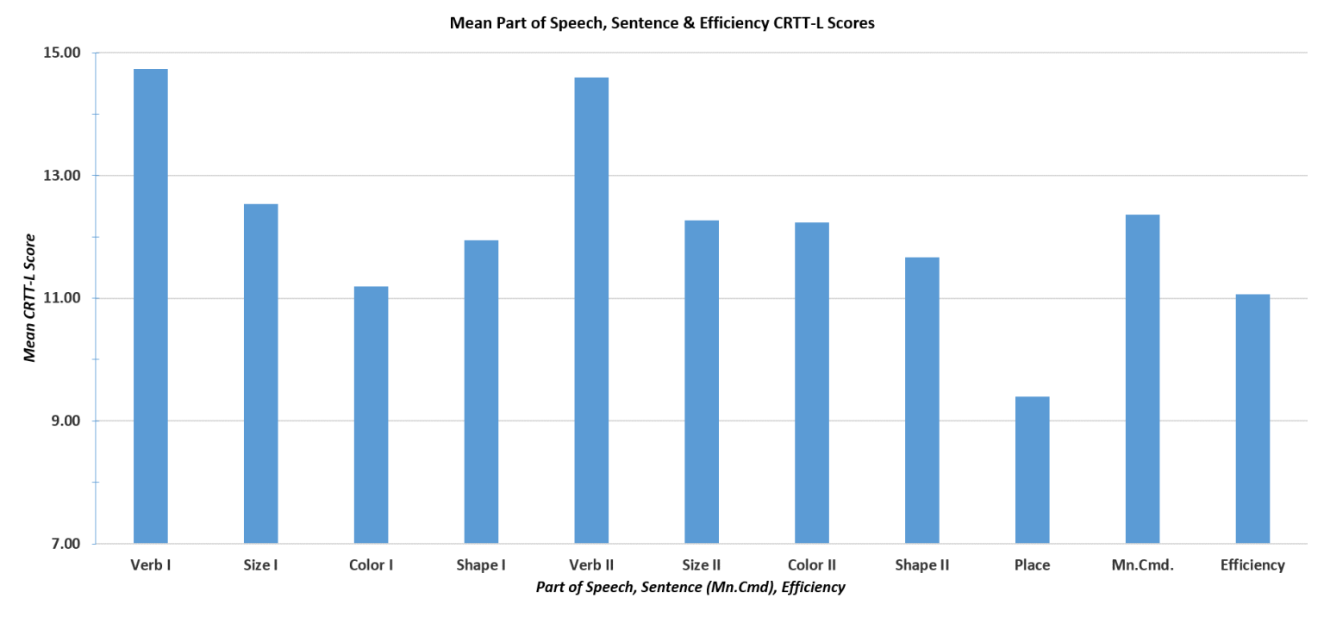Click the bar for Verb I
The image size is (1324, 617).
(x=150, y=306)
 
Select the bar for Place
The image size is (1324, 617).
(x=1032, y=470)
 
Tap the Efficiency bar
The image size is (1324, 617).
(x=1252, y=419)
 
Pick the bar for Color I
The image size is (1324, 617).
(x=371, y=414)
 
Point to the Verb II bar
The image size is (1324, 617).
(x=591, y=310)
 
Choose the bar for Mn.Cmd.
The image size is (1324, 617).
(x=1142, y=379)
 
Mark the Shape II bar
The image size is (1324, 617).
(x=921, y=400)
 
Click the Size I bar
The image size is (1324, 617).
(x=260, y=374)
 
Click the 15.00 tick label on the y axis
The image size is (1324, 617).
(x=60, y=53)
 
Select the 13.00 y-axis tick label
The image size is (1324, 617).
(x=60, y=176)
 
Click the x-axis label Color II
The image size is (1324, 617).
(x=812, y=566)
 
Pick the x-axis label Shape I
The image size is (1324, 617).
(x=481, y=566)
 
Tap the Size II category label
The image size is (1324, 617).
(x=702, y=566)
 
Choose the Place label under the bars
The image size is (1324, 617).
(x=1032, y=566)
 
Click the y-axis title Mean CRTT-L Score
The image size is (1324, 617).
(x=30, y=298)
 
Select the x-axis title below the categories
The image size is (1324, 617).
(x=690, y=587)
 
